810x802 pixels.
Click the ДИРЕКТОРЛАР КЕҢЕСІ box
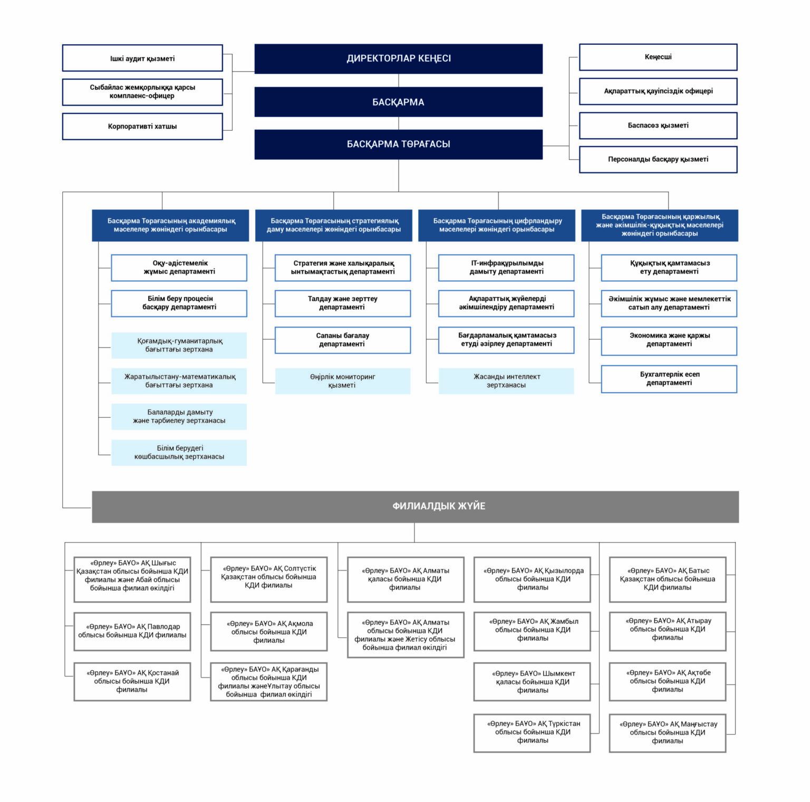(x=398, y=59)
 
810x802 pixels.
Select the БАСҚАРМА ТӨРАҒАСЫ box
(x=398, y=144)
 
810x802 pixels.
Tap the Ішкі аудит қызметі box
(x=142, y=58)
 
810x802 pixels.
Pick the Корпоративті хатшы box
(x=142, y=127)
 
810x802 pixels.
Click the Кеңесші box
(x=658, y=57)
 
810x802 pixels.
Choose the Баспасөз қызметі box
(x=658, y=125)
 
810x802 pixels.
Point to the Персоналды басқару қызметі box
(x=658, y=159)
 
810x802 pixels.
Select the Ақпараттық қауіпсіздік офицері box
(x=658, y=91)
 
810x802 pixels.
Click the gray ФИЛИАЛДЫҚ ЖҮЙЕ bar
(x=415, y=506)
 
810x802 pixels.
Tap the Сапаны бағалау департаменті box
(x=342, y=340)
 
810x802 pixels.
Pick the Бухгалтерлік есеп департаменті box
(x=669, y=379)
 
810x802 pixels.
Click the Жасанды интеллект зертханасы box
(x=506, y=381)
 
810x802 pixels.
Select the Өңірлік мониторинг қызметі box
(x=342, y=381)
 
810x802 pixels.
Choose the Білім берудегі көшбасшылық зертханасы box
(x=179, y=452)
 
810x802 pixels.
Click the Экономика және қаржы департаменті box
(x=669, y=341)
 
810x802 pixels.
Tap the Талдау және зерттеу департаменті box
(x=342, y=303)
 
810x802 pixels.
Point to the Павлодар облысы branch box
(x=132, y=631)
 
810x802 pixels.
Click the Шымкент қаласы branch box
(x=532, y=682)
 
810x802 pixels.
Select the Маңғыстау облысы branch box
(x=668, y=733)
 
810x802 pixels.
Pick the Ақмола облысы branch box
(x=269, y=632)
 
